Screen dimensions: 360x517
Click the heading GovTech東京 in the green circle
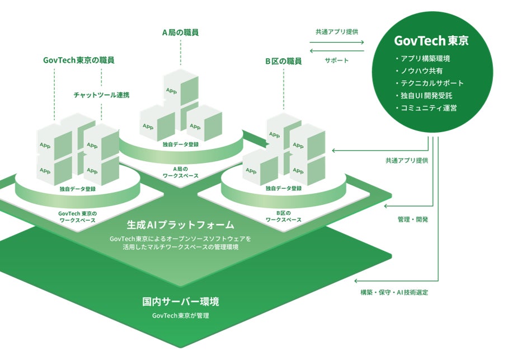tap(431, 41)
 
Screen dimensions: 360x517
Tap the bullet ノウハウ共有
tap(422, 71)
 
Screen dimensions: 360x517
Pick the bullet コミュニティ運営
tap(428, 107)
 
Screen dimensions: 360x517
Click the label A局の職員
tap(181, 32)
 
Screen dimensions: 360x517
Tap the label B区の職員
tap(284, 60)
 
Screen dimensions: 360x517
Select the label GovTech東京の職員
tap(82, 60)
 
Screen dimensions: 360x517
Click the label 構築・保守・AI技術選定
tap(394, 292)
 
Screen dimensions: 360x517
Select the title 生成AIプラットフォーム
tap(180, 225)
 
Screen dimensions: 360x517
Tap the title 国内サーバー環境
tap(180, 302)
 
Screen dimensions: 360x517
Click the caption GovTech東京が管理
tap(180, 316)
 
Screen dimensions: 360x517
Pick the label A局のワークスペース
tap(181, 172)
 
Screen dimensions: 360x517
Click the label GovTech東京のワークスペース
tap(78, 217)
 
